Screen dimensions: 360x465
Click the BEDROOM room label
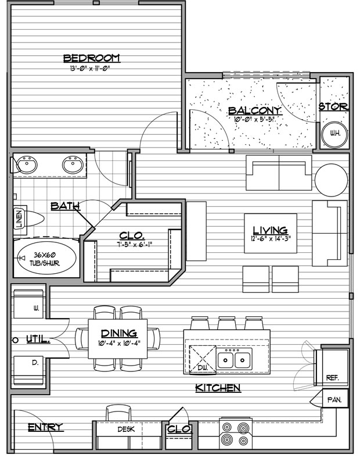(x=92, y=58)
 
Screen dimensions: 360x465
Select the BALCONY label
(x=254, y=111)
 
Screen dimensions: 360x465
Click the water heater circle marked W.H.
(x=335, y=134)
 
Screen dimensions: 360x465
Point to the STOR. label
(x=333, y=106)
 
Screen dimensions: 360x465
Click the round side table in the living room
(x=330, y=180)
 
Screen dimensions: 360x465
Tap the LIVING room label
(x=270, y=230)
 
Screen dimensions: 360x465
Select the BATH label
(x=65, y=206)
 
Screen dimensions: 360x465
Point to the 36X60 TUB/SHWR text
(x=46, y=259)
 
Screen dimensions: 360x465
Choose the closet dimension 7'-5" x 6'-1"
(x=134, y=245)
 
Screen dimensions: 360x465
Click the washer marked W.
(x=28, y=303)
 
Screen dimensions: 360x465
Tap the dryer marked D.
(x=28, y=371)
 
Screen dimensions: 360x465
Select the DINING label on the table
(x=119, y=333)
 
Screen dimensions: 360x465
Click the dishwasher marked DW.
(x=203, y=359)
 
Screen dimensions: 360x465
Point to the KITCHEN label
(x=218, y=388)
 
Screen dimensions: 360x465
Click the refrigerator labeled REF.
(x=331, y=368)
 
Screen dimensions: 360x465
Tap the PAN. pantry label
(x=334, y=400)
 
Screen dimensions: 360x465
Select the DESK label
(x=126, y=429)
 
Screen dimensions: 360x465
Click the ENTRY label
(x=46, y=427)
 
